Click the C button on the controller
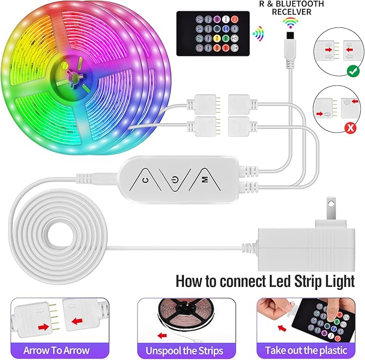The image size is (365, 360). coord(146,180)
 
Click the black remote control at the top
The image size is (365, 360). coord(213,28)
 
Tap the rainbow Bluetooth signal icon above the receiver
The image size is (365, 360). coord(291,23)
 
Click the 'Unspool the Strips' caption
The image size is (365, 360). coord(182,350)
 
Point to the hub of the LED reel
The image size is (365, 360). coord(70,76)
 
